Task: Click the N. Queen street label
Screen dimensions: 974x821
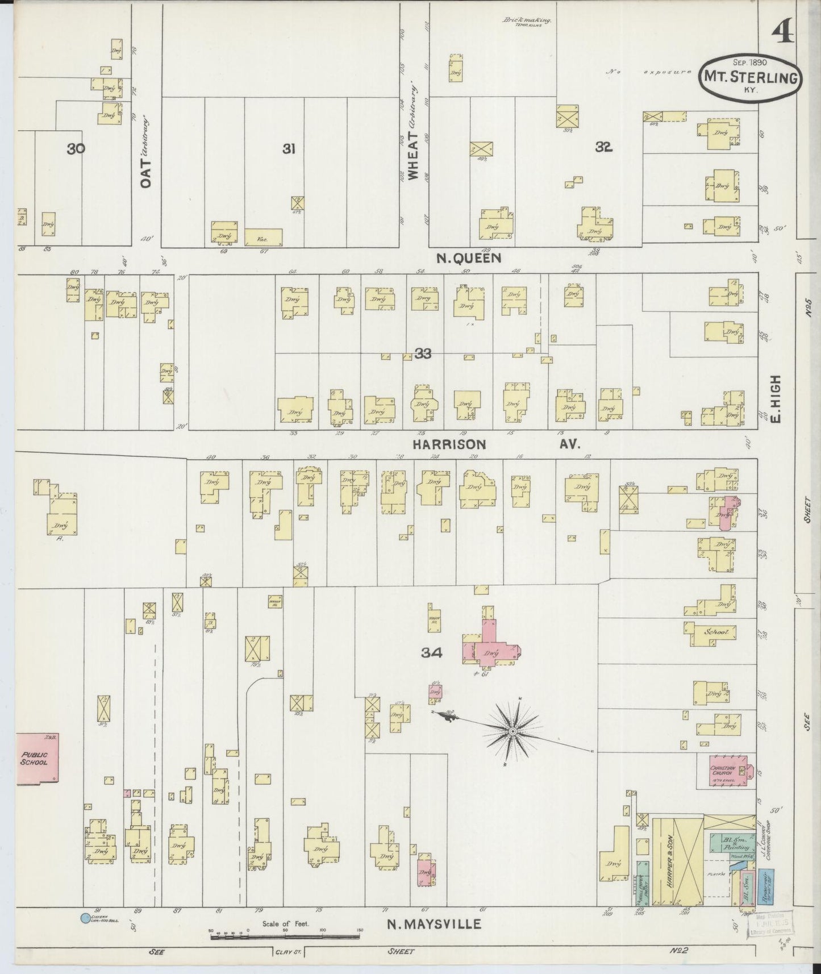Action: tap(469, 259)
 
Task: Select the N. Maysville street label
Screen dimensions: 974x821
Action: tap(434, 925)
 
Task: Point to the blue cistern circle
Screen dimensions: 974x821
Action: tap(85, 917)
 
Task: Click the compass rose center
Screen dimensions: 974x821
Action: tap(512, 731)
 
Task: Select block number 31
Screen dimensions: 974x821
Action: tap(289, 149)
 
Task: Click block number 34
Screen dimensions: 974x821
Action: tap(432, 654)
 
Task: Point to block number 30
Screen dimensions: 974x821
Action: tap(76, 149)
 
